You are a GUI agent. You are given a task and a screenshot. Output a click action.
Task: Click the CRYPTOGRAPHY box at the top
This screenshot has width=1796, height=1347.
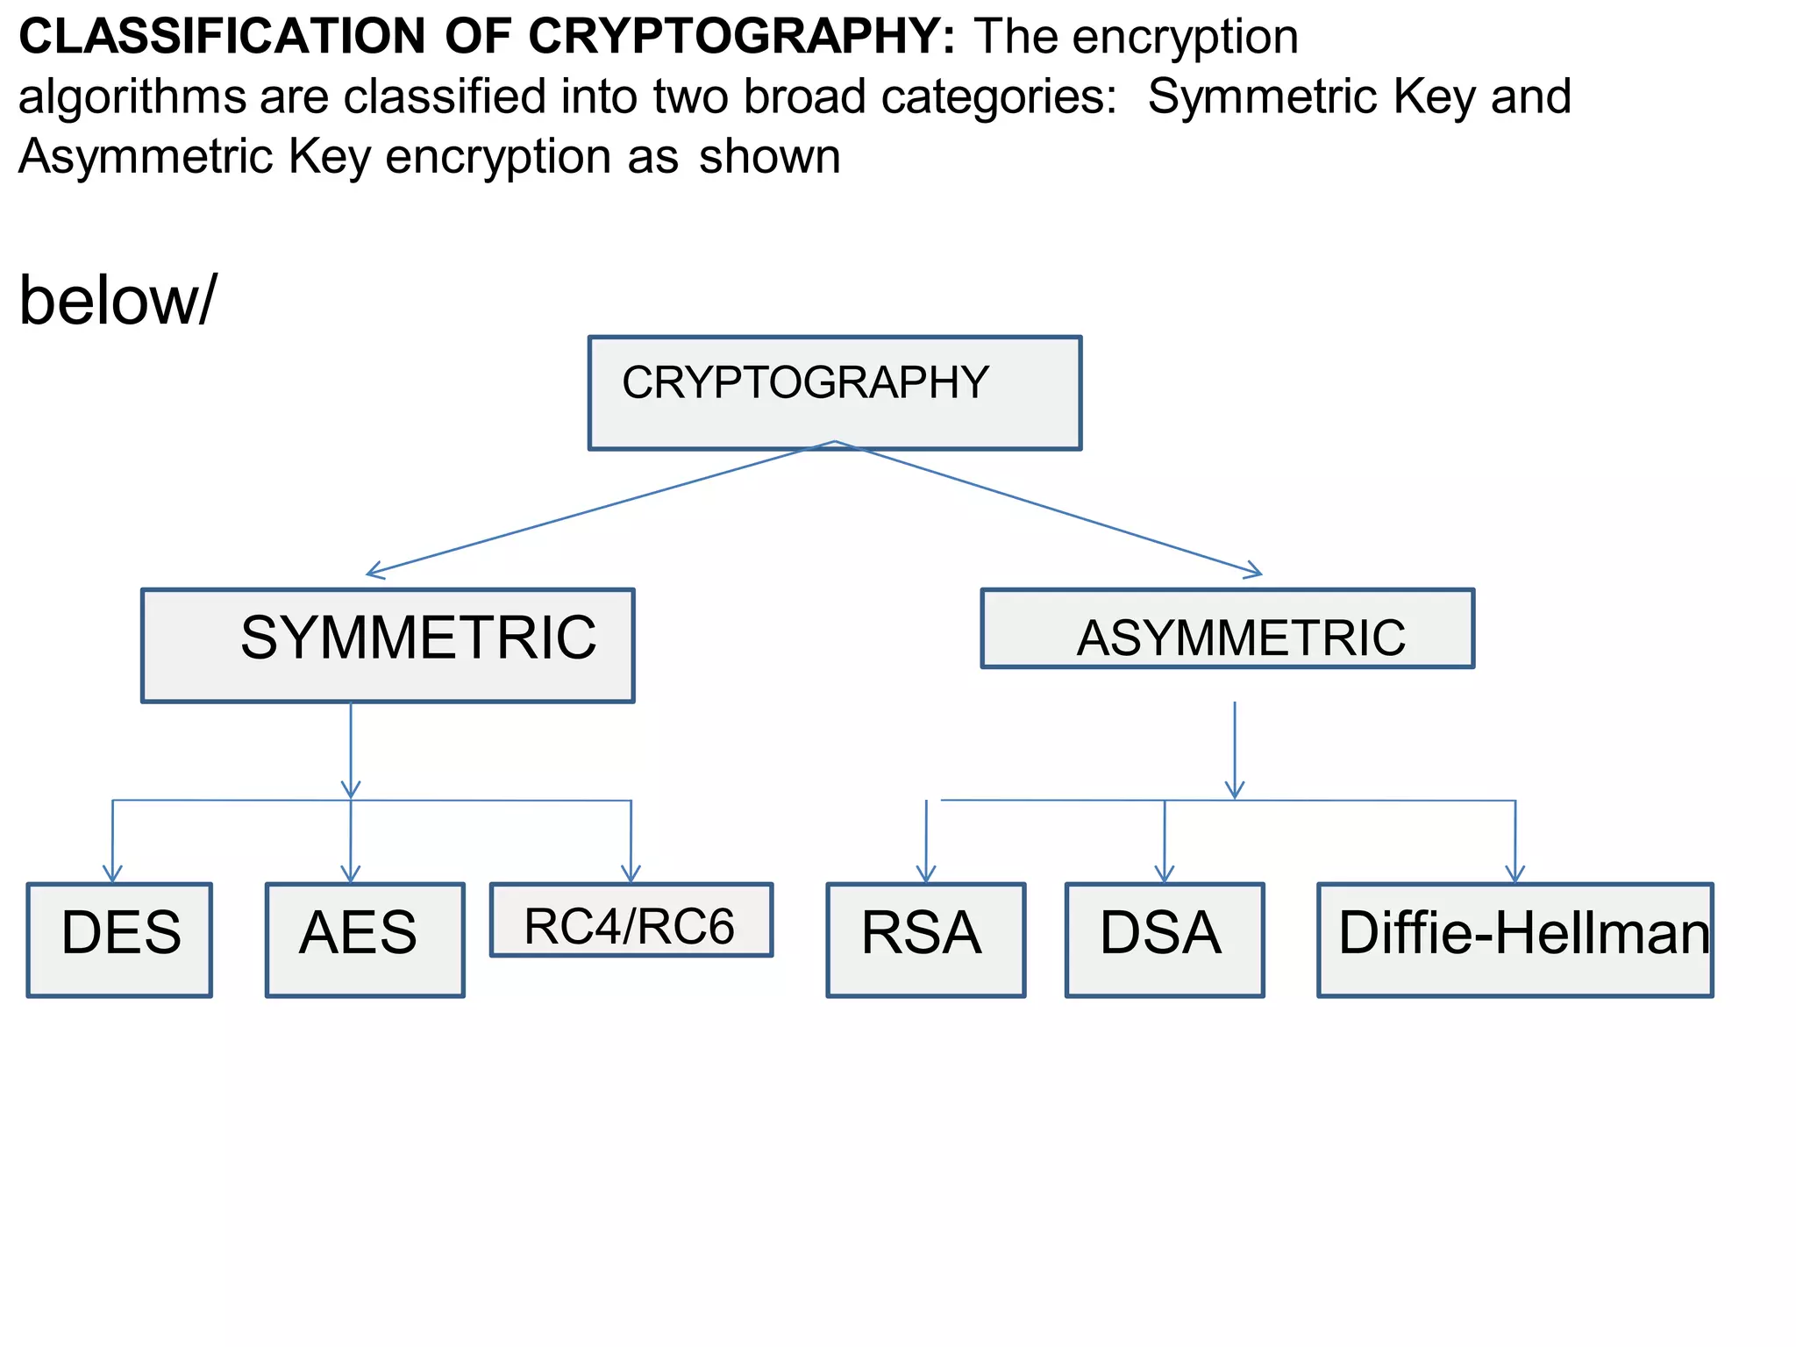pyautogui.click(x=834, y=392)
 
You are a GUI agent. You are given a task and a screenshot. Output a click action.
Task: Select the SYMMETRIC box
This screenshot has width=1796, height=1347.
pyautogui.click(x=388, y=645)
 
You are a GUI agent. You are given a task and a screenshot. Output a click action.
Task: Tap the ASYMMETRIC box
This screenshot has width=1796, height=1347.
pyautogui.click(x=1227, y=629)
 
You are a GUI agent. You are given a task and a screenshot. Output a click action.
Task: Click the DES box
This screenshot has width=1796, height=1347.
pyautogui.click(x=119, y=939)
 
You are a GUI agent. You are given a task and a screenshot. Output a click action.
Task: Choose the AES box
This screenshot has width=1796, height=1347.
pyautogui.click(x=365, y=939)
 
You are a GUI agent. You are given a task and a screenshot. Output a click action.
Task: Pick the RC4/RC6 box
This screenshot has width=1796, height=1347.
pyautogui.click(x=631, y=920)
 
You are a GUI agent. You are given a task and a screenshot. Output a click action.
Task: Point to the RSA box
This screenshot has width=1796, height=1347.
pyautogui.click(x=925, y=939)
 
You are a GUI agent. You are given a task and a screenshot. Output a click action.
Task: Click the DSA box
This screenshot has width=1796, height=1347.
pyautogui.click(x=1164, y=939)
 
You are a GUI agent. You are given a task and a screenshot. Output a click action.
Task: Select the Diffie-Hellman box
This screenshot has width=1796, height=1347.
pyautogui.click(x=1514, y=939)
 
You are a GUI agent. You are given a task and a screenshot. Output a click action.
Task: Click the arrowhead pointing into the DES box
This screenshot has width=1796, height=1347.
pyautogui.click(x=112, y=874)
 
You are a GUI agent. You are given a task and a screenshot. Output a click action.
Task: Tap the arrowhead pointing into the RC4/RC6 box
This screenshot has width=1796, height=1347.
pyautogui.click(x=631, y=874)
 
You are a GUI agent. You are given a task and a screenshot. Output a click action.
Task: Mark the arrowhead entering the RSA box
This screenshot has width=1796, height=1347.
pyautogui.click(x=926, y=874)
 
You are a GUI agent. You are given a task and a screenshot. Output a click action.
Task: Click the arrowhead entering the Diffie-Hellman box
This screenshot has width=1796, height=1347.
pyautogui.click(x=1515, y=874)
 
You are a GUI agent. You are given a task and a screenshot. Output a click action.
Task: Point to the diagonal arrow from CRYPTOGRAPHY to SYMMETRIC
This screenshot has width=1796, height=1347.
pyautogui.click(x=596, y=509)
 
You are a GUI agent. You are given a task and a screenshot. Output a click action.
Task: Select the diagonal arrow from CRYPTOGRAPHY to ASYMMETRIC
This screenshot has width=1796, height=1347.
pyautogui.click(x=1052, y=510)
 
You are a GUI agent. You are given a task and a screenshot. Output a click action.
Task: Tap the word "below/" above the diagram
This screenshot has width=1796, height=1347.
pyautogui.click(x=117, y=301)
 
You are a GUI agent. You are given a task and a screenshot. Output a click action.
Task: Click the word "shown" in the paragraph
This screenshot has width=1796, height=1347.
pyautogui.click(x=769, y=157)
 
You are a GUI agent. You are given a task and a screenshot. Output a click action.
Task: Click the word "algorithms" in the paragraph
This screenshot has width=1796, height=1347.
pyautogui.click(x=132, y=96)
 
